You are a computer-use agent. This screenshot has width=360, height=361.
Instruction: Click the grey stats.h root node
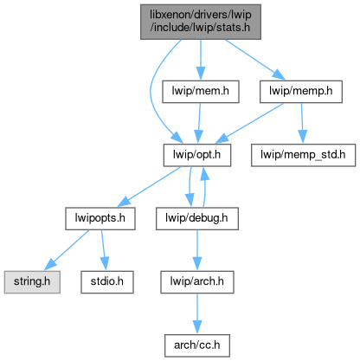tap(201, 22)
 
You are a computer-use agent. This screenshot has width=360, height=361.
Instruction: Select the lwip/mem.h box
tap(201, 92)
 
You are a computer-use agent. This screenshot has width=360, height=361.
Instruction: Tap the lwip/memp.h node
tap(301, 92)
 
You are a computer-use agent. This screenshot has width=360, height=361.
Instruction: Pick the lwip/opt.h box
tap(197, 155)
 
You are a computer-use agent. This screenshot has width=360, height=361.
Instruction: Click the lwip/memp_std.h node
tap(303, 155)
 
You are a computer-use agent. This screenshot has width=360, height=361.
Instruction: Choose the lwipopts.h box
tap(100, 218)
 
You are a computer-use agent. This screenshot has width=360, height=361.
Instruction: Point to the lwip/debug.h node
tap(197, 218)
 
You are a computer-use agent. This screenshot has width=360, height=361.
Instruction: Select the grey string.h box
tap(32, 282)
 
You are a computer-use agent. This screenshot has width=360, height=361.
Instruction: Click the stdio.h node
tap(107, 282)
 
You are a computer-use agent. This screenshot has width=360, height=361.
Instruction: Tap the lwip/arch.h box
tap(197, 282)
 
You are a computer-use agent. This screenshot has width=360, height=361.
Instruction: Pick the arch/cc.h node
tap(197, 345)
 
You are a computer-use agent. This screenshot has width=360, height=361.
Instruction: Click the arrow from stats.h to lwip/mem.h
tap(201, 60)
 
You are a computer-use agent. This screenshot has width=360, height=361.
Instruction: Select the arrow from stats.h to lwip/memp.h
tap(255, 60)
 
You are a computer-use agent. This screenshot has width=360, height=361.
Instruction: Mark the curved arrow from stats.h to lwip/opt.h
tap(151, 92)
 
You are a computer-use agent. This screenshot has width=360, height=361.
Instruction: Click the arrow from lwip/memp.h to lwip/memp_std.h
tap(302, 123)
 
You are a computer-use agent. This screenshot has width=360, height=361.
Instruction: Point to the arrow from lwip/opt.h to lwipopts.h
tap(149, 187)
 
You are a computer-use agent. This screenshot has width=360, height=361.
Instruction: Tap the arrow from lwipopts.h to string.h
tap(67, 250)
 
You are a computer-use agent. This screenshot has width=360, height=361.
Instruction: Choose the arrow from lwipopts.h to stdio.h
tap(103, 250)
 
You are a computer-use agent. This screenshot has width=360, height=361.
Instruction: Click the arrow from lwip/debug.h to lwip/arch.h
tap(197, 250)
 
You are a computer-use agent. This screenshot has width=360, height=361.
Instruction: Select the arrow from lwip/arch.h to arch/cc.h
tap(197, 314)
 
